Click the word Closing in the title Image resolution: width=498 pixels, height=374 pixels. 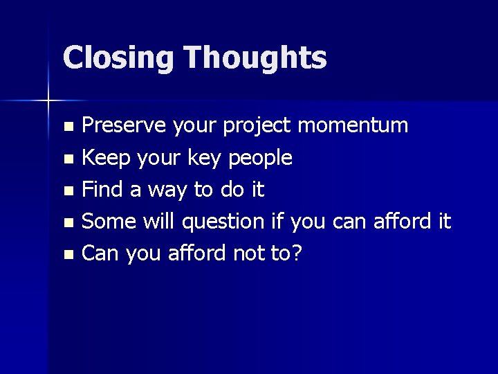118,58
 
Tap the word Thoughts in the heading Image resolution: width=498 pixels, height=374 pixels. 255,58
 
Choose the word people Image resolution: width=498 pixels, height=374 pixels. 258,159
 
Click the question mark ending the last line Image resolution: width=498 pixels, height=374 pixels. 297,253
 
